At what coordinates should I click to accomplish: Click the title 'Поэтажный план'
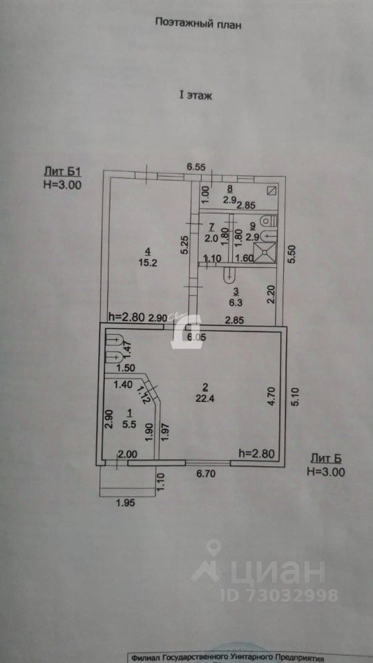[x=198, y=23]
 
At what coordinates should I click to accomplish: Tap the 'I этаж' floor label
[x=195, y=95]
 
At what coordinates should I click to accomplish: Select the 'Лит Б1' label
[x=62, y=172]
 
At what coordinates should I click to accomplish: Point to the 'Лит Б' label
[x=325, y=459]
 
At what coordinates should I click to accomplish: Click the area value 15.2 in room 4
[x=148, y=262]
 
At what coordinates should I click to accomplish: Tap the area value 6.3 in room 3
[x=236, y=302]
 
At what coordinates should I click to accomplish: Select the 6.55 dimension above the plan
[x=196, y=167]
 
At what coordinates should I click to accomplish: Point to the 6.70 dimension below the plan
[x=206, y=474]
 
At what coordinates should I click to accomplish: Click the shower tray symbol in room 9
[x=265, y=253]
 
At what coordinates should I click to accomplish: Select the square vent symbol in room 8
[x=272, y=191]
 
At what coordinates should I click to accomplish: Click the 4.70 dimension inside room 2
[x=272, y=398]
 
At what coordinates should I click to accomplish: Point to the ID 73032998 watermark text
[x=279, y=595]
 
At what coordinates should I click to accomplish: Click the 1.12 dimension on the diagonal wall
[x=142, y=395]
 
